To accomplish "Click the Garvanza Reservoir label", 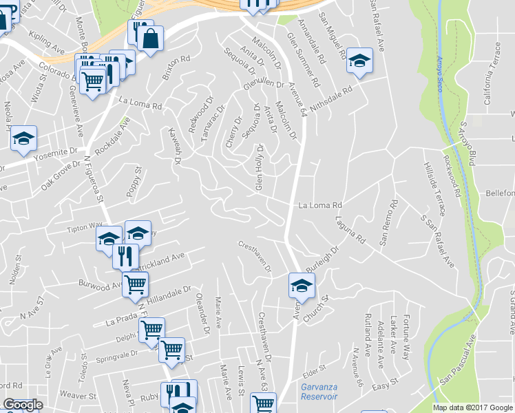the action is tap(319, 392).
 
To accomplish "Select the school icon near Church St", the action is tap(302, 285).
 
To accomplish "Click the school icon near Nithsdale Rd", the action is tap(359, 60).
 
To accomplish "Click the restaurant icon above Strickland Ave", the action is tap(125, 256).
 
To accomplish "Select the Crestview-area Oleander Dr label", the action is tap(203, 313).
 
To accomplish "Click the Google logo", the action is tap(23, 405).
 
